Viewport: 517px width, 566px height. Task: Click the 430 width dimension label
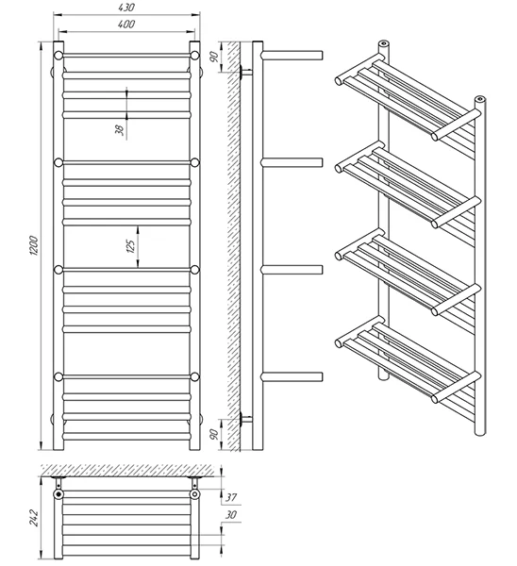point(126,8)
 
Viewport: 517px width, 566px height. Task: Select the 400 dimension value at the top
point(126,24)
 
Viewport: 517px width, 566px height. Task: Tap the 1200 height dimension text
point(33,246)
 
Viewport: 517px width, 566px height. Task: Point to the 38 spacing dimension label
point(120,130)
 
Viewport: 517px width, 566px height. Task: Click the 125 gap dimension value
point(131,246)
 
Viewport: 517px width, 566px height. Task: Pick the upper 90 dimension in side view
point(214,57)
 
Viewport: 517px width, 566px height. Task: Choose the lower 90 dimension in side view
point(214,434)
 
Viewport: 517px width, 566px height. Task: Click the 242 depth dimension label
point(34,518)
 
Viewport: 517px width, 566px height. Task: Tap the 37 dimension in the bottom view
point(231,497)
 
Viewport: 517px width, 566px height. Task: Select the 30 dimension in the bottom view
point(231,515)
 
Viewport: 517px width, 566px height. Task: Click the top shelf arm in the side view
point(292,56)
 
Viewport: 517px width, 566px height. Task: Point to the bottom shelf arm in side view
point(292,376)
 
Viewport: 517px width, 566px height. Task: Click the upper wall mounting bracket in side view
point(246,72)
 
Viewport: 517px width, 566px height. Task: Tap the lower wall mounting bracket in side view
point(246,419)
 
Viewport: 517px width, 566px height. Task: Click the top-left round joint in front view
point(58,56)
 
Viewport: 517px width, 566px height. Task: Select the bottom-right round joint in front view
point(195,376)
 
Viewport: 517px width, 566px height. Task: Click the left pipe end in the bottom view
point(58,493)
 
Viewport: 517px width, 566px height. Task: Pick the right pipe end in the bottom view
point(195,493)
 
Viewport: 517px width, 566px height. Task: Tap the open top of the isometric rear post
point(383,44)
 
